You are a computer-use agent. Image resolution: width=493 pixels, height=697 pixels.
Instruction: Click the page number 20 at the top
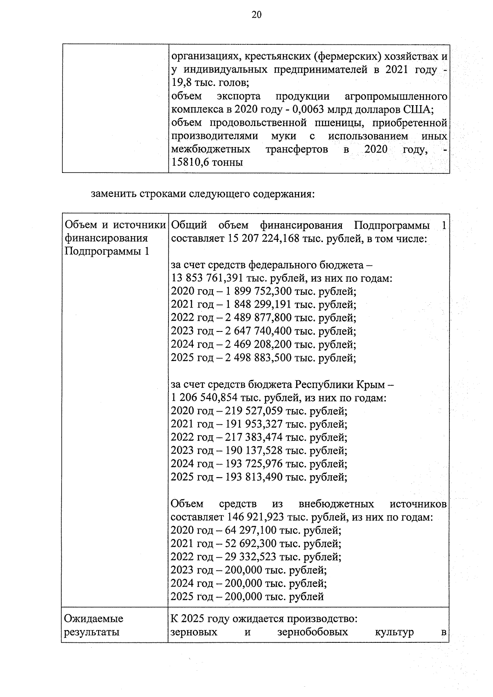256,15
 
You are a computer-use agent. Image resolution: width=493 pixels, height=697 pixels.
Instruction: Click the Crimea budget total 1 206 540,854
204,398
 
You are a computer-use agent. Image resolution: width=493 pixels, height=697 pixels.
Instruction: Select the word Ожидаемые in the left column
94,619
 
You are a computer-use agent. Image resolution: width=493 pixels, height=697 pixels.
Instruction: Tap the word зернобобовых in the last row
312,632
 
